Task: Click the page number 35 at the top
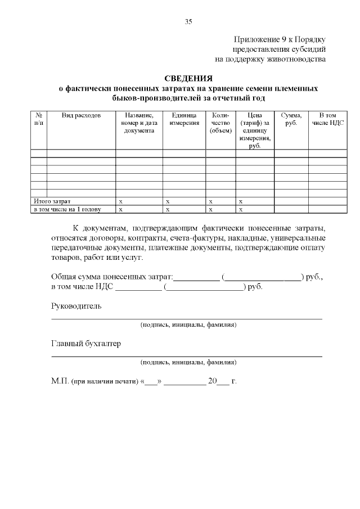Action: (188, 22)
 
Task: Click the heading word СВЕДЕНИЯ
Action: (188, 78)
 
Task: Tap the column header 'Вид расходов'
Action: (81, 115)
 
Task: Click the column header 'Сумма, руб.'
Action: (291, 119)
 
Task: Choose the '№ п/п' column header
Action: (38, 119)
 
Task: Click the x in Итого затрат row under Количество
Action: (210, 201)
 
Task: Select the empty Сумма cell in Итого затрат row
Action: (291, 201)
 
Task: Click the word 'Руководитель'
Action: (76, 306)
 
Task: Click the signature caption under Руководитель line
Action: (188, 325)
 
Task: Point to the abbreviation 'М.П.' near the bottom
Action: (60, 381)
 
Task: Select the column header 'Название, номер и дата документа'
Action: (139, 123)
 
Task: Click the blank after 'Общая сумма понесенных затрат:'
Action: (197, 277)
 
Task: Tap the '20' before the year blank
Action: (212, 381)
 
